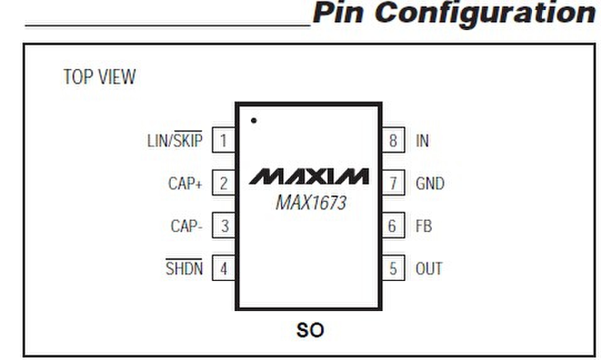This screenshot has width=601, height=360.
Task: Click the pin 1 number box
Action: click(223, 140)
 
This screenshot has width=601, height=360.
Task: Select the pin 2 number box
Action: click(223, 184)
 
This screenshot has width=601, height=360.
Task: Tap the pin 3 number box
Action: click(223, 226)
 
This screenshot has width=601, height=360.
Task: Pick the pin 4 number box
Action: click(223, 269)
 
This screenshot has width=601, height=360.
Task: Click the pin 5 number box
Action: click(393, 269)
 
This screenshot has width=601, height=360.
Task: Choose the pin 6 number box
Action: click(393, 226)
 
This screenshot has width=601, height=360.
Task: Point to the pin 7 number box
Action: click(393, 184)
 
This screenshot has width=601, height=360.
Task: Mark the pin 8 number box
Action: click(393, 140)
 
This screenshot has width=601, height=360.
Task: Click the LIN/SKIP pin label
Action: click(175, 140)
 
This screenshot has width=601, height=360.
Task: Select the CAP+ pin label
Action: click(185, 184)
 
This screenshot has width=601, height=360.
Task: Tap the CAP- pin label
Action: click(186, 226)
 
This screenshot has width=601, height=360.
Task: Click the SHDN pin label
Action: click(184, 268)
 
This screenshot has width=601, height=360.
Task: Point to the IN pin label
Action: click(422, 140)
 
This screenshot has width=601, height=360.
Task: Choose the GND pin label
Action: click(430, 184)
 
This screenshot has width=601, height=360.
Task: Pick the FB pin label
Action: click(423, 226)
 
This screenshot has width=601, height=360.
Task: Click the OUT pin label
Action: click(429, 269)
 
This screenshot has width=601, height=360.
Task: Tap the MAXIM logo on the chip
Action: click(309, 177)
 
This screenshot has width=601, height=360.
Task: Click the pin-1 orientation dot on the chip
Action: click(253, 119)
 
